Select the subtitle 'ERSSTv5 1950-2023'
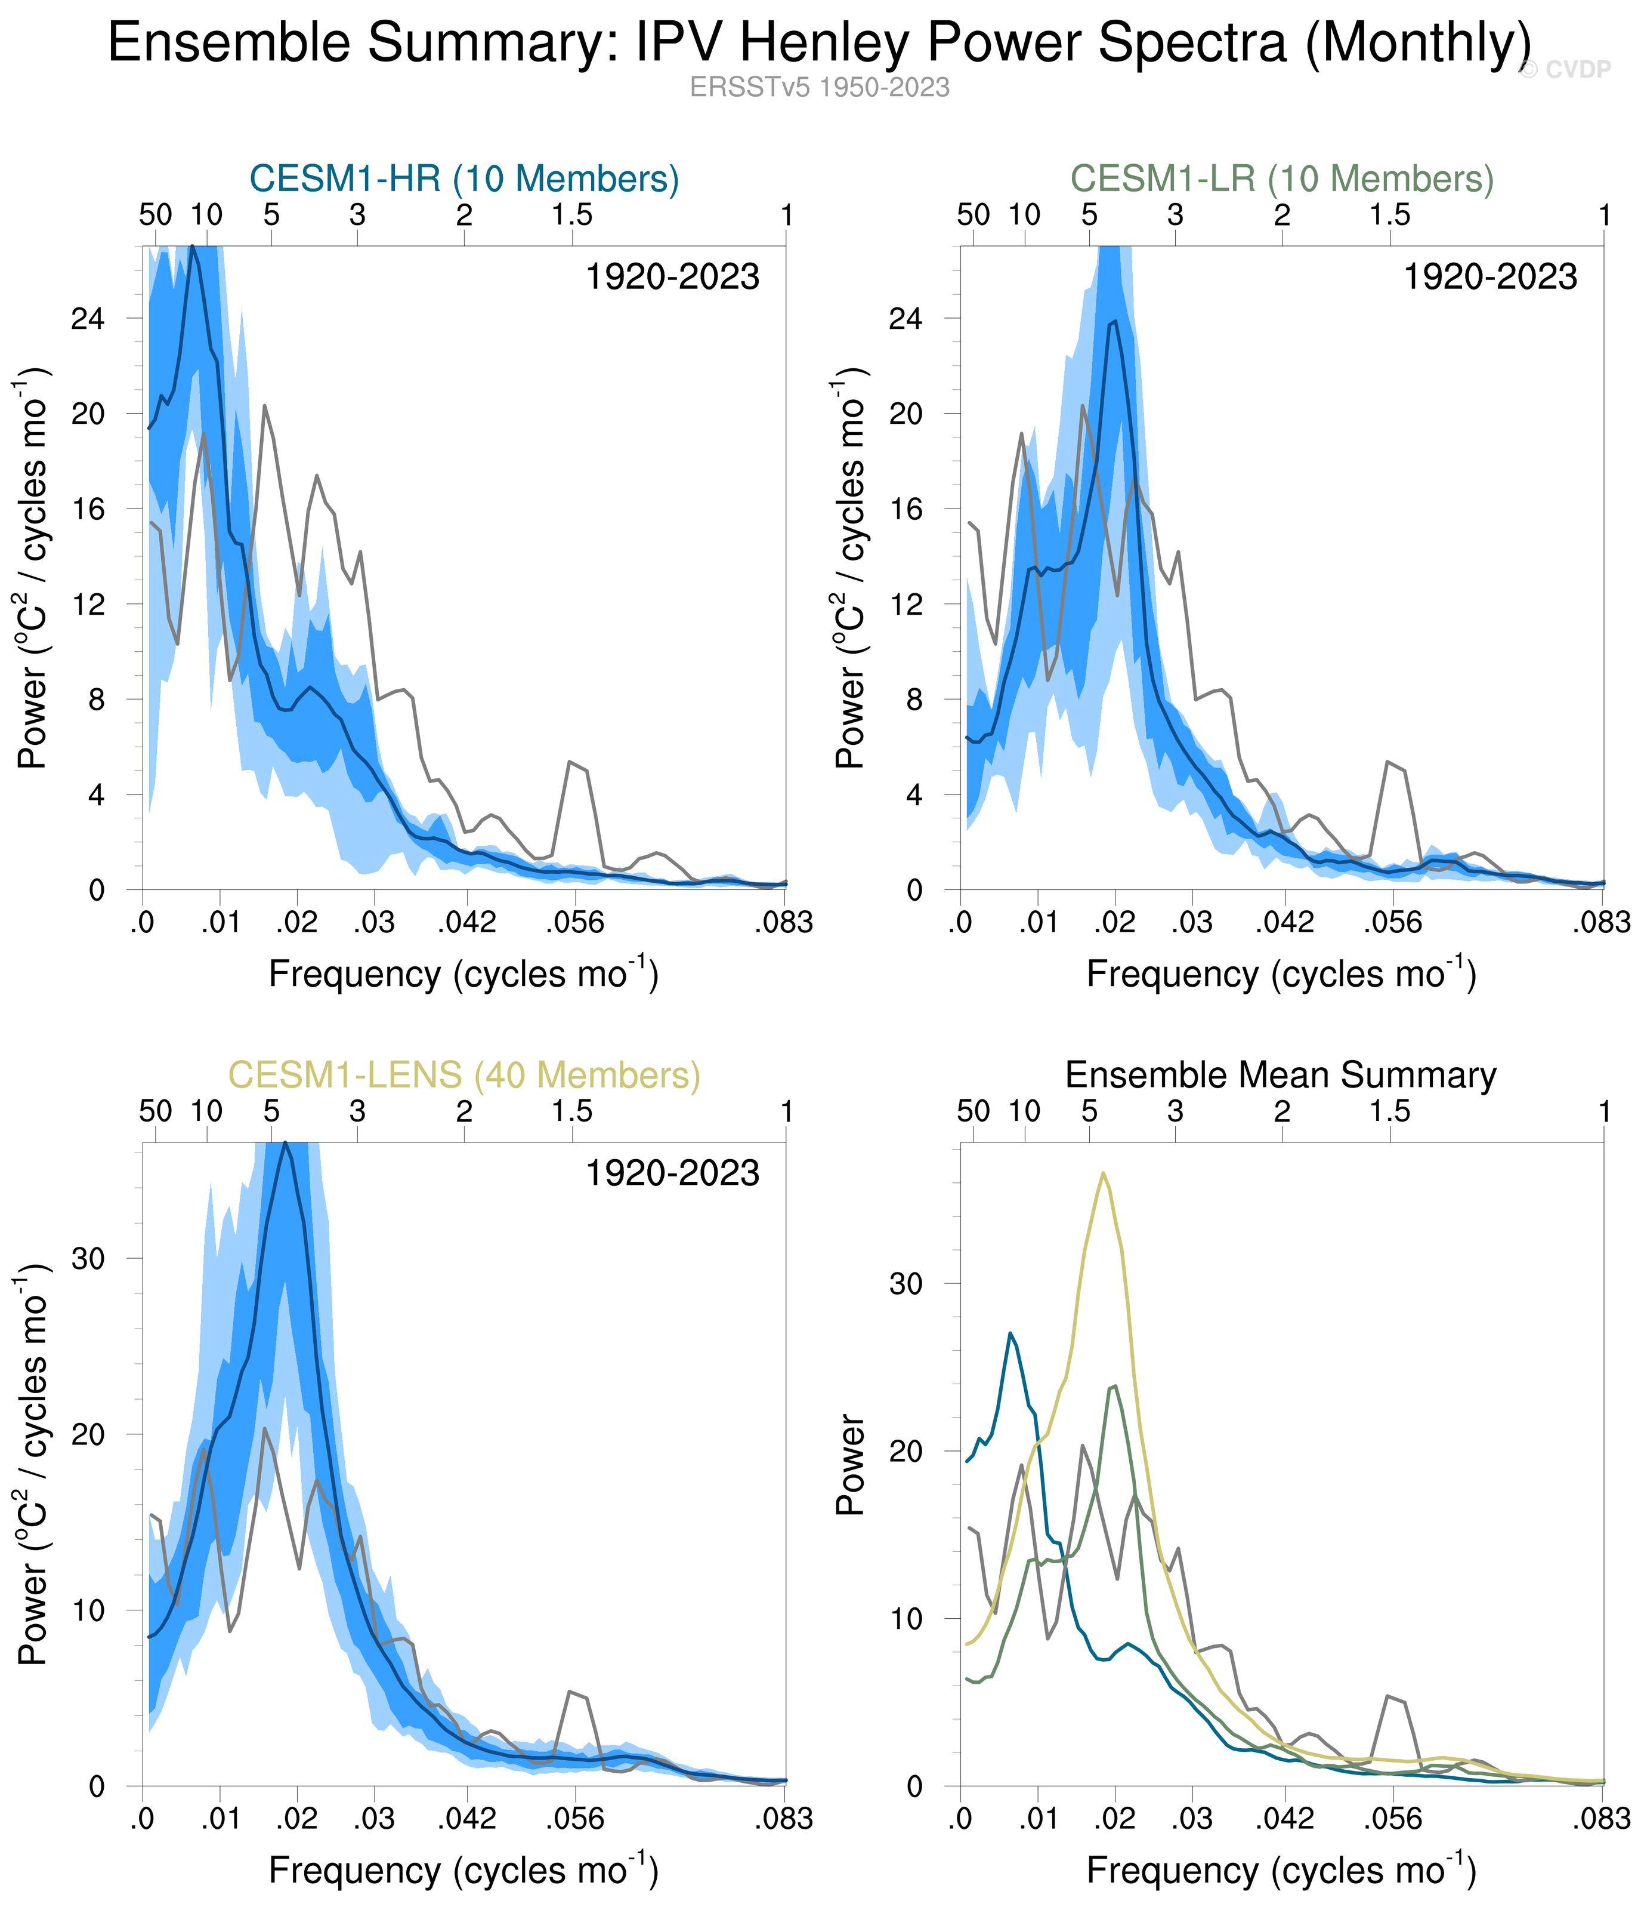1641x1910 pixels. [x=819, y=88]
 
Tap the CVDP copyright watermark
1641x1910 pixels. [x=1565, y=70]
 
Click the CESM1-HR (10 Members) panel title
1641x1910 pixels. [x=464, y=179]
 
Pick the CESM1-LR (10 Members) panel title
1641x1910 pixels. [x=1282, y=179]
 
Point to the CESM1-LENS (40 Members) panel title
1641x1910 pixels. [x=464, y=1075]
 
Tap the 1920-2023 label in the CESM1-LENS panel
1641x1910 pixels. [x=673, y=1173]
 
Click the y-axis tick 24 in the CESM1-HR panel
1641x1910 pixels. [x=88, y=319]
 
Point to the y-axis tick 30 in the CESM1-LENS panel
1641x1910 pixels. [x=88, y=1259]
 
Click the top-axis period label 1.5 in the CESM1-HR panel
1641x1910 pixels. [x=572, y=215]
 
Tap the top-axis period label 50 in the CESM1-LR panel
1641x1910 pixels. [x=974, y=215]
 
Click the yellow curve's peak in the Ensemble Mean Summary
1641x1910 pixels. [x=1103, y=1173]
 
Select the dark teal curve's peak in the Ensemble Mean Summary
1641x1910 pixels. [x=1010, y=1333]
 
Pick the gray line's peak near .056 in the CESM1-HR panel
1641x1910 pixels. [x=570, y=762]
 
